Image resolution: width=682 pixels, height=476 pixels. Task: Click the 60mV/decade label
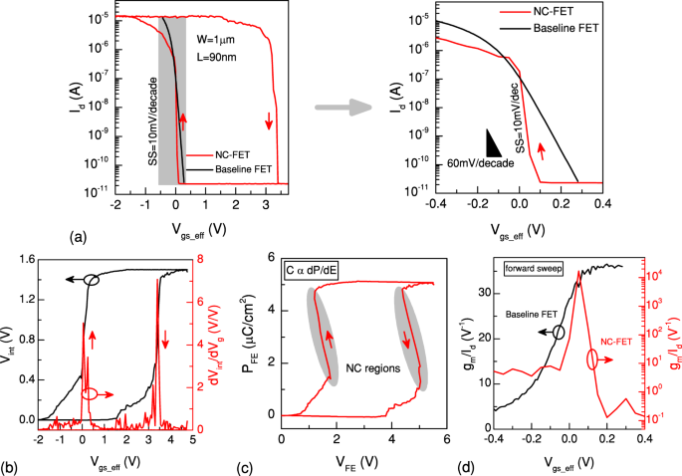pos(481,161)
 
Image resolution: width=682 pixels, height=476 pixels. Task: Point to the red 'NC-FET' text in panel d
pos(616,342)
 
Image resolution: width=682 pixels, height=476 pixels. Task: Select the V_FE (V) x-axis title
pos(359,461)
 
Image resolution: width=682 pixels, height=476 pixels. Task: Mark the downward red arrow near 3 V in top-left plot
pos(269,120)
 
